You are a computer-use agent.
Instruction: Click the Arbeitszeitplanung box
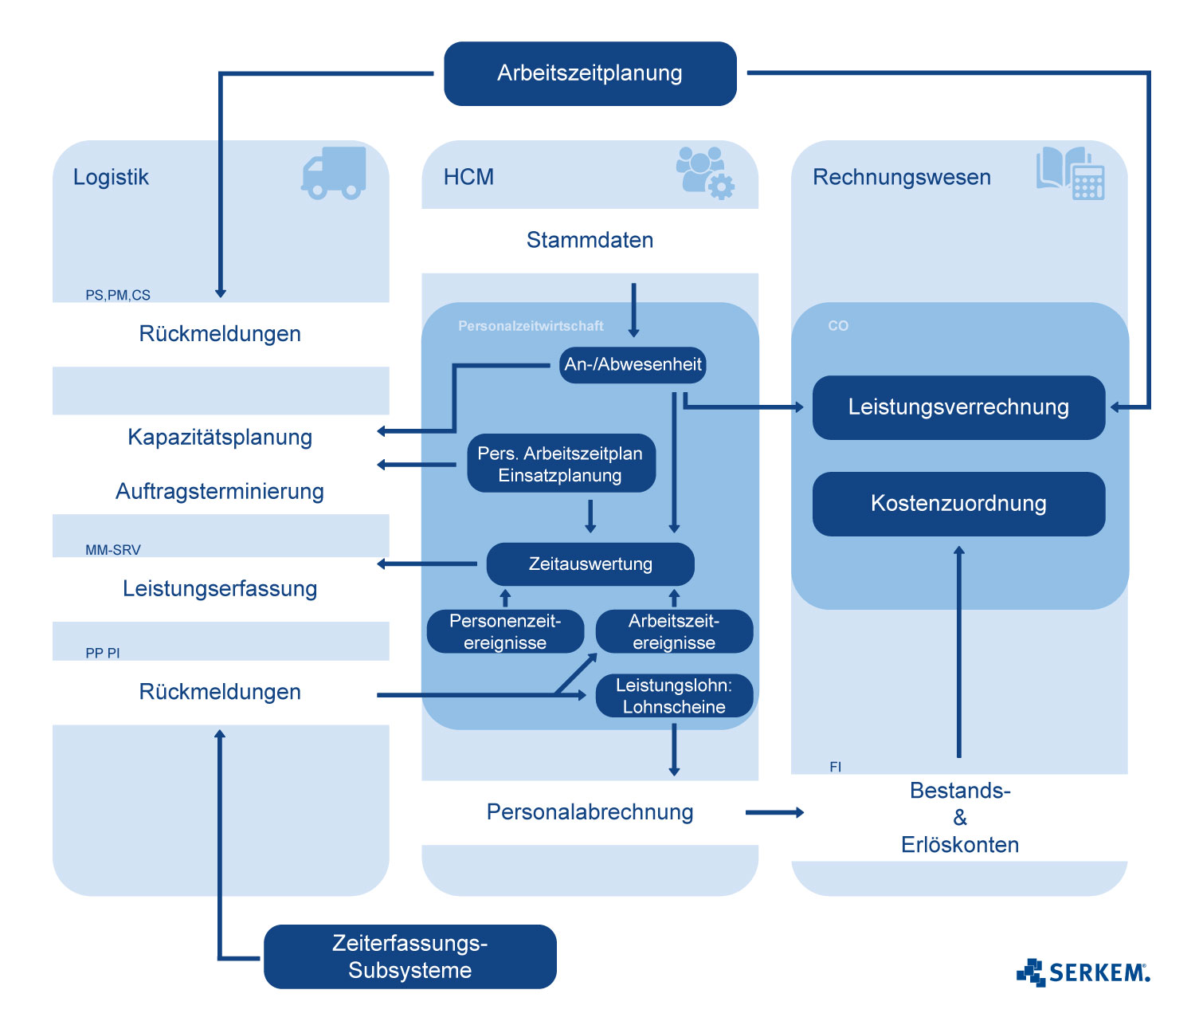(x=590, y=73)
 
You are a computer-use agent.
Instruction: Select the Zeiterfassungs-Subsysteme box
(x=409, y=956)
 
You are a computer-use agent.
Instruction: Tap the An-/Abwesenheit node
(x=633, y=365)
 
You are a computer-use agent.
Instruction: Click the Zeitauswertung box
(x=590, y=564)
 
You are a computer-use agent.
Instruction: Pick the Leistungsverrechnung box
(x=958, y=407)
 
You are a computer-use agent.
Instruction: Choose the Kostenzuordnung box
(x=958, y=504)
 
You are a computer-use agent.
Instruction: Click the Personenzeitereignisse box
(x=505, y=631)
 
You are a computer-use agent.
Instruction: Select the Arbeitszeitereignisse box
(x=674, y=631)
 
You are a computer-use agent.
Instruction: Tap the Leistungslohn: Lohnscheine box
(x=674, y=696)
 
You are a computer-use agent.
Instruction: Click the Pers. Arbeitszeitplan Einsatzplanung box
(x=561, y=464)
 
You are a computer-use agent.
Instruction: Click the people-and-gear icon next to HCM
(x=704, y=172)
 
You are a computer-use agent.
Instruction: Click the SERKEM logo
(x=1083, y=972)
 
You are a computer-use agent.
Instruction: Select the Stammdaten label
(x=590, y=240)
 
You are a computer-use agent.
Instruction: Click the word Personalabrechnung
(x=590, y=812)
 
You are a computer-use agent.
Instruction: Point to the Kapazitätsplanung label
(x=220, y=438)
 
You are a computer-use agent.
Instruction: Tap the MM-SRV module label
(x=113, y=550)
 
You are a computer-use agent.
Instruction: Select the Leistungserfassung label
(x=220, y=589)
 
